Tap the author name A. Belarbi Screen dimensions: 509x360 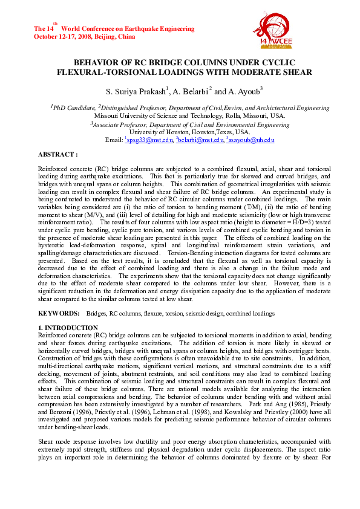tap(189, 91)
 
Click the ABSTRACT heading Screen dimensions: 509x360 tap(57, 155)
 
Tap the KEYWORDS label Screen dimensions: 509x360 tap(58, 314)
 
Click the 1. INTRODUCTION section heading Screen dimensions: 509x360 tap(68, 327)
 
